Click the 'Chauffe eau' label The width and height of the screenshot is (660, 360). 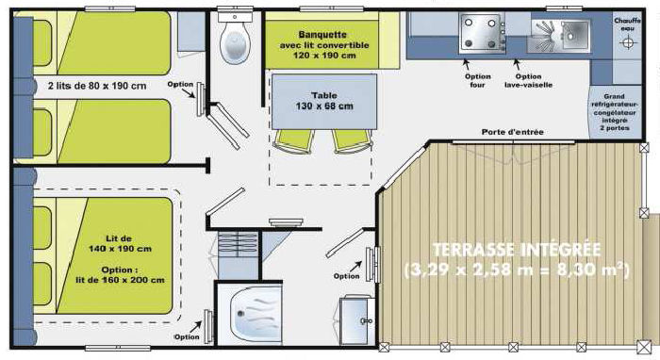[627, 24]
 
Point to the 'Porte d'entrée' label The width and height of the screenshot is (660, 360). [512, 132]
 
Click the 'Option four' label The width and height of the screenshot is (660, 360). [478, 80]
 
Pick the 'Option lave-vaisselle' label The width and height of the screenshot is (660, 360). [528, 80]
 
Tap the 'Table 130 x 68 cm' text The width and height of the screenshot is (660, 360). [324, 101]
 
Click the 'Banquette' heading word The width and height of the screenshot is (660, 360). [322, 35]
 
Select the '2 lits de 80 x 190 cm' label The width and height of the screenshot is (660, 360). [97, 86]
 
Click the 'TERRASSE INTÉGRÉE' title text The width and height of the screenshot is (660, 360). [517, 250]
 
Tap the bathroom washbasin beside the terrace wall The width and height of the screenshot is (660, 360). [356, 320]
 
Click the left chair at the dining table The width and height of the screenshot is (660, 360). [294, 140]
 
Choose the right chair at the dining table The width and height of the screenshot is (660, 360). [353, 140]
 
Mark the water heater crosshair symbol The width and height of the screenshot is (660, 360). [627, 43]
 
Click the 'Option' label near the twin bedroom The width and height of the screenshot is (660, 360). [180, 84]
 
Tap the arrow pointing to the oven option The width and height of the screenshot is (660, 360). [467, 64]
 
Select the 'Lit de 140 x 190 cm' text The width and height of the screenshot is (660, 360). [120, 243]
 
